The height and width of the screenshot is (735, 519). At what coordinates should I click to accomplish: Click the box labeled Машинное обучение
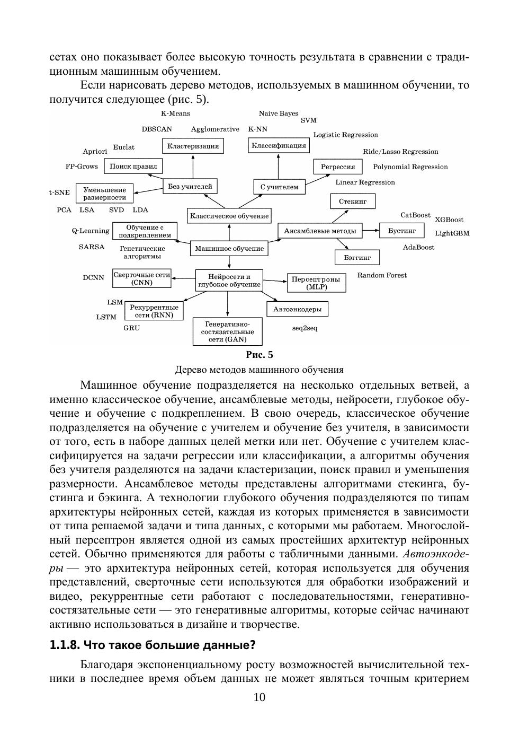click(229, 248)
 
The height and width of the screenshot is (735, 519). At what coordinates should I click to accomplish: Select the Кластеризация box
click(193, 146)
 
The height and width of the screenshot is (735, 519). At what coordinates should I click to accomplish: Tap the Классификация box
click(279, 145)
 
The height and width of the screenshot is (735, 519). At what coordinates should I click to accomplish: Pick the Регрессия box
click(338, 167)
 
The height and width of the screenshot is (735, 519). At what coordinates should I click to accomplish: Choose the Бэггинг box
click(357, 257)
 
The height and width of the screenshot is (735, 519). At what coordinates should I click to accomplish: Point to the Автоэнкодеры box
click(297, 309)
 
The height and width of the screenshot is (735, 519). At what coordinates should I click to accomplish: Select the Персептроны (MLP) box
click(316, 283)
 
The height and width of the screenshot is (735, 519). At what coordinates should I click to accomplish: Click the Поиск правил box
click(133, 166)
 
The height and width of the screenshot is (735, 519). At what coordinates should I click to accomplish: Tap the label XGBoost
click(449, 220)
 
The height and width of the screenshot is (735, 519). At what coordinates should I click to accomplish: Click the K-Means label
click(175, 113)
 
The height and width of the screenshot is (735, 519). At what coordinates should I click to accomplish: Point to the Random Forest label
click(382, 275)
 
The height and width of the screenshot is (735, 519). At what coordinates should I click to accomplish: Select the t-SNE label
click(59, 192)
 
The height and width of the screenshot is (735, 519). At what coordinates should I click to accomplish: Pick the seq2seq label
click(305, 328)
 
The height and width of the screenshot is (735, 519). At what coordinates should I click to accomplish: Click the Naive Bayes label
click(279, 113)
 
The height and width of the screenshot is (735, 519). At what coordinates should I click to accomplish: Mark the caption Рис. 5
click(259, 355)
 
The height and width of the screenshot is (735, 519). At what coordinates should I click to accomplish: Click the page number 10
click(259, 697)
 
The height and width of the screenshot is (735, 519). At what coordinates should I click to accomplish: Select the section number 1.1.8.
click(64, 645)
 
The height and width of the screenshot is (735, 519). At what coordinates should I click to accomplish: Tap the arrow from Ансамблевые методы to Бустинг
click(371, 230)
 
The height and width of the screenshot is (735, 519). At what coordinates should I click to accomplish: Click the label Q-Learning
click(91, 231)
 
